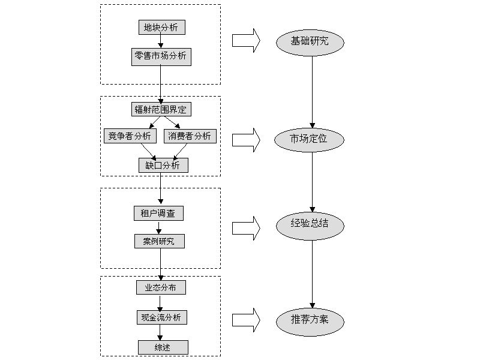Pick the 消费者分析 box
pos(190,136)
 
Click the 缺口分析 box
pos(163,166)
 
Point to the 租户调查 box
pos(158,213)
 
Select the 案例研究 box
pos(159,241)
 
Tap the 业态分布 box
pos(161,287)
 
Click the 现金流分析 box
pos(161,317)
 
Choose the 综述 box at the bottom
pos(163,347)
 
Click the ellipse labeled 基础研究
pos(310,41)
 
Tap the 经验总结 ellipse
pos(310,225)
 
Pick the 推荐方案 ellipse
pos(310,321)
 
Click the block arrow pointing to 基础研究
pos(246,40)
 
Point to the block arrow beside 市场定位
pos(246,139)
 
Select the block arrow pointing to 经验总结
pos(246,227)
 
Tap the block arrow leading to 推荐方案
pos(246,319)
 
